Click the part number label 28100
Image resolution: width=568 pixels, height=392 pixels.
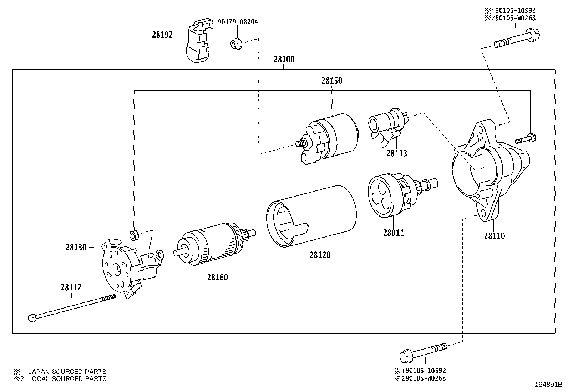pyautogui.click(x=284, y=60)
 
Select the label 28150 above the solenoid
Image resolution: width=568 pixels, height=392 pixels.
pyautogui.click(x=331, y=81)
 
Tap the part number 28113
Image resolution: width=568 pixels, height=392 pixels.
pyautogui.click(x=396, y=153)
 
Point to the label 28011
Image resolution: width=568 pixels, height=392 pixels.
pyautogui.click(x=394, y=233)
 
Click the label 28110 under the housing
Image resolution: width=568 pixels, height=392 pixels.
pyautogui.click(x=495, y=236)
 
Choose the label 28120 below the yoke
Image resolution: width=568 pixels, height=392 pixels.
pyautogui.click(x=320, y=255)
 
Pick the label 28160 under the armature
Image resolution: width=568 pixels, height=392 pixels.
pyautogui.click(x=217, y=277)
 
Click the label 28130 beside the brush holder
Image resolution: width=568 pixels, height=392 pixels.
pyautogui.click(x=76, y=247)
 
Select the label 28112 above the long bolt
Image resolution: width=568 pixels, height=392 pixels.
pyautogui.click(x=71, y=287)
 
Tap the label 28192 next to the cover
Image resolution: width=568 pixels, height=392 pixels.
pyautogui.click(x=162, y=35)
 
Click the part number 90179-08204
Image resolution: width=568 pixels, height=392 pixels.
pyautogui.click(x=238, y=22)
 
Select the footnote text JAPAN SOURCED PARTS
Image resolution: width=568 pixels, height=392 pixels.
pyautogui.click(x=67, y=372)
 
